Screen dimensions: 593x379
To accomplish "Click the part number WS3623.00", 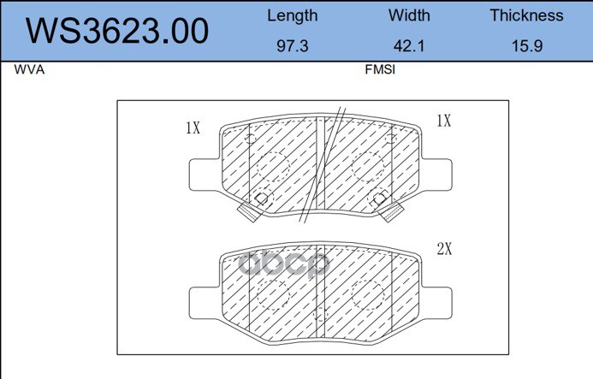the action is pyautogui.click(x=117, y=31).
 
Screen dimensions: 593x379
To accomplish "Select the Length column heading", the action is pyautogui.click(x=293, y=16).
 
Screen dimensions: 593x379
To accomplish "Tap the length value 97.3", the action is pyautogui.click(x=293, y=46).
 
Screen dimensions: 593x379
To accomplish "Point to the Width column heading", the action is pyautogui.click(x=409, y=15).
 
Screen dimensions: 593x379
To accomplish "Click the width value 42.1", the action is pyautogui.click(x=409, y=46).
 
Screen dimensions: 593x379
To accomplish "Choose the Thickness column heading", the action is pyautogui.click(x=526, y=15).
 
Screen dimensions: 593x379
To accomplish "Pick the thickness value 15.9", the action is pyautogui.click(x=527, y=46).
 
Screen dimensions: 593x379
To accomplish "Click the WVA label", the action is pyautogui.click(x=29, y=69).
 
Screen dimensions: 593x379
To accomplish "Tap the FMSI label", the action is pyautogui.click(x=380, y=69).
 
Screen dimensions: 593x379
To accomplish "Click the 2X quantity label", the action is pyautogui.click(x=444, y=248).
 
